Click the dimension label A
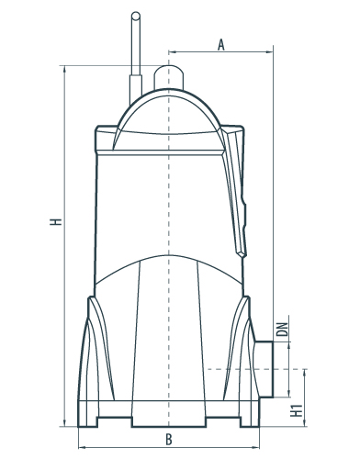221,45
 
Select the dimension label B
169,440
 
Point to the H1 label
296,410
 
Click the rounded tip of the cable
136,16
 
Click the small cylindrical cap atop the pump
168,76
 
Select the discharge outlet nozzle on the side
264,369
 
